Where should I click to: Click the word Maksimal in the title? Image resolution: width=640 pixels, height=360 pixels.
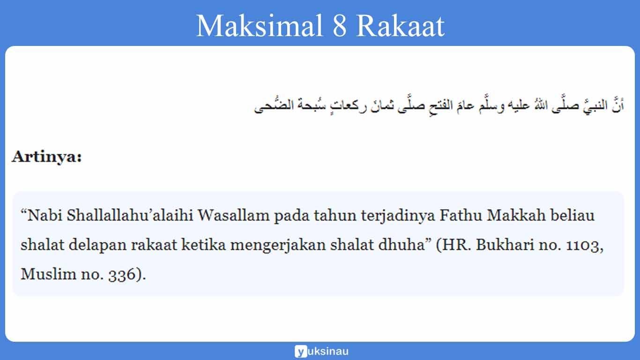(x=256, y=26)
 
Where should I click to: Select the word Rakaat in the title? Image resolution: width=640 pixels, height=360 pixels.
(x=400, y=26)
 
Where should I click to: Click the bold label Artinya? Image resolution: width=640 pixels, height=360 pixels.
(x=47, y=157)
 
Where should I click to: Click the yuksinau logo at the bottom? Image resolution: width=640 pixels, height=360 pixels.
(x=321, y=351)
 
